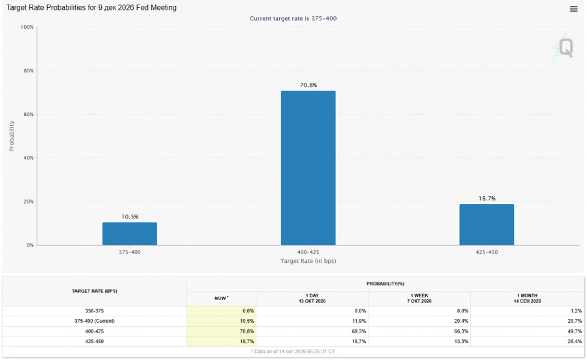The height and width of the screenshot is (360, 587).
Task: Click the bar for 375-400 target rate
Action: coord(130,234)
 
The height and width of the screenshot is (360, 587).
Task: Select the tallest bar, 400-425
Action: coord(308,168)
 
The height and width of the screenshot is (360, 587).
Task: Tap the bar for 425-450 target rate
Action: coord(487,225)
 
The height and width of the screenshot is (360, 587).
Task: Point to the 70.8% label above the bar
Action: coord(309,85)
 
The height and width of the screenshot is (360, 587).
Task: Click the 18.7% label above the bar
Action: coord(487,199)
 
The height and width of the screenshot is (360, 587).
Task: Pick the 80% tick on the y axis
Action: coord(29,70)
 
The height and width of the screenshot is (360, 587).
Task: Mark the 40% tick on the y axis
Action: coord(29,158)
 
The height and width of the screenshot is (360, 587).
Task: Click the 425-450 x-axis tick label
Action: coord(487,252)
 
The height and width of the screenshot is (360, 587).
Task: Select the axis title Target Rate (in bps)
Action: coord(309,261)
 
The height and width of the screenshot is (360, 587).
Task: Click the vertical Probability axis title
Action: coord(12,136)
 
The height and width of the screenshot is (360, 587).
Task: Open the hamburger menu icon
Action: coord(573,8)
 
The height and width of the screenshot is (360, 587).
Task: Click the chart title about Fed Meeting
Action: coord(91,8)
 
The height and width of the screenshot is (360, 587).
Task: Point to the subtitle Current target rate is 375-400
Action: coord(293,19)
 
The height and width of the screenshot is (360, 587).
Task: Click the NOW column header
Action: coord(221,298)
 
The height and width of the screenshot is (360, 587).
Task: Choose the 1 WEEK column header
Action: coord(419,298)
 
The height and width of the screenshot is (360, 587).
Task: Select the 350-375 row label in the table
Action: coord(95,311)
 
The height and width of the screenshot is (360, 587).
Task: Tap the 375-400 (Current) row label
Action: coord(95,321)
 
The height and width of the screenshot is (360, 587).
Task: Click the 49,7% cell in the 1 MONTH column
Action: coord(575,331)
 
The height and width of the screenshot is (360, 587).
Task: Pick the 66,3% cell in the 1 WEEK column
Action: coord(461,331)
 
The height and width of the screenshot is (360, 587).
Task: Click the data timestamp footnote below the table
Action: coord(293,352)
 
